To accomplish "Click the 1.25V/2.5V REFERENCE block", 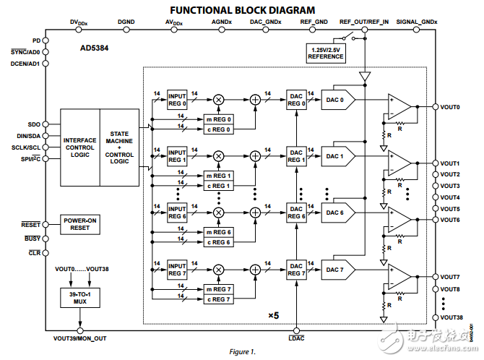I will point(325,53).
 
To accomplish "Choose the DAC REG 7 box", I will point(296,270).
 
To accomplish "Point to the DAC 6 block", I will point(336,213).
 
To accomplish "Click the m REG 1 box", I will point(219,176).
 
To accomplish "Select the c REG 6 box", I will point(219,241).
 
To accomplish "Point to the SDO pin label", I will point(33,124).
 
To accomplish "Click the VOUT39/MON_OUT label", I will point(81,338).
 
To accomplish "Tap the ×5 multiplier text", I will point(272,316).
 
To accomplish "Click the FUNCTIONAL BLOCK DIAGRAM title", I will point(241,9).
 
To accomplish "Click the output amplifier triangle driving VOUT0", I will point(399,106).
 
